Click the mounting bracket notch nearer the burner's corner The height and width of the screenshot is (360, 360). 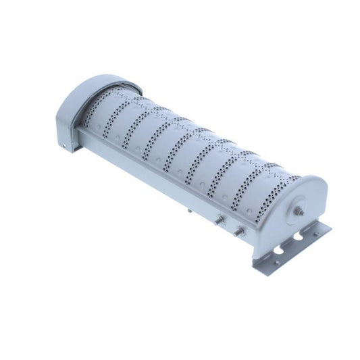(278, 251)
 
